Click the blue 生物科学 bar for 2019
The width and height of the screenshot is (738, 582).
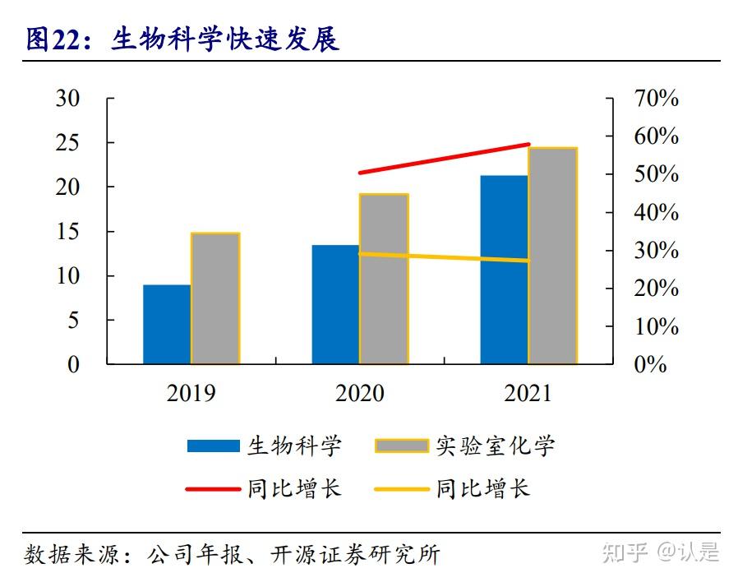click(x=167, y=324)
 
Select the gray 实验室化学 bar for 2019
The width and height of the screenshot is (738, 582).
click(x=215, y=298)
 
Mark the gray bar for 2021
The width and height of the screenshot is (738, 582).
click(x=552, y=256)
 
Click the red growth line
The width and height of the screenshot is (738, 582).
click(x=444, y=159)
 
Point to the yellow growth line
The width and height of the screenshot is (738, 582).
click(x=444, y=257)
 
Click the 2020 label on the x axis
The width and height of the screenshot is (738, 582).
click(x=359, y=394)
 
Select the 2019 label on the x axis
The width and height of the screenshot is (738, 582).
click(x=191, y=394)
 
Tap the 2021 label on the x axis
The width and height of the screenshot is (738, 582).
click(x=528, y=394)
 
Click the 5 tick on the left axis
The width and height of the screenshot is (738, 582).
click(x=73, y=320)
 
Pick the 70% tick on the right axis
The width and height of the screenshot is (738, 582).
click(x=656, y=99)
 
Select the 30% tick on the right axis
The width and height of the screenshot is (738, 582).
click(x=656, y=251)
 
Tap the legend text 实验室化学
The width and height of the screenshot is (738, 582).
click(x=495, y=446)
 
